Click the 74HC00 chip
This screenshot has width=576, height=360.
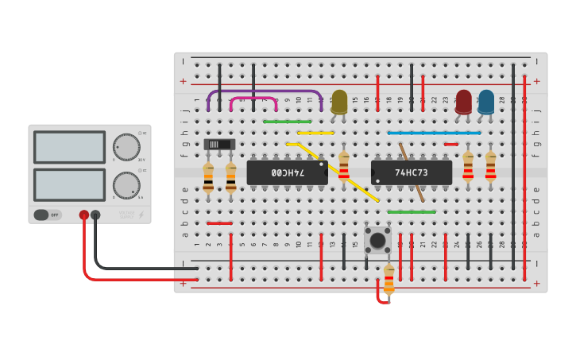coord(287,172)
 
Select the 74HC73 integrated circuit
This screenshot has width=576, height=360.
coord(412,172)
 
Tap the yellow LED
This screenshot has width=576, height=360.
coord(339,102)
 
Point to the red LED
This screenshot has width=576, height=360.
coord(463,102)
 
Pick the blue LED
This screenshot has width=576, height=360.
coord(485,102)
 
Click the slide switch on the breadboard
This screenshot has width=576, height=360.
coord(219,144)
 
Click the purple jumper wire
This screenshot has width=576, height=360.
coord(265,91)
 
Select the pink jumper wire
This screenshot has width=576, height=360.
coord(253,99)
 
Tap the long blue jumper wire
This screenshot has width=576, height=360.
coord(434,133)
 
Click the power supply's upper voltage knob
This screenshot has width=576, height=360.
coord(126,147)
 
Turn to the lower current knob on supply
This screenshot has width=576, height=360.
coord(126,185)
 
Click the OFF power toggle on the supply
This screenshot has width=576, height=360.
coord(47,215)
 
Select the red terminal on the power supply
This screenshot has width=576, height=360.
coord(83,215)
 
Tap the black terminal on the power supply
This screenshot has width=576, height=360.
coord(95,215)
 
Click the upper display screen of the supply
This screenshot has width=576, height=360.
coord(69,147)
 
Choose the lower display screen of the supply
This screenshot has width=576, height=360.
coord(69,184)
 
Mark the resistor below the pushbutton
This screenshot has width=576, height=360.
coord(389,279)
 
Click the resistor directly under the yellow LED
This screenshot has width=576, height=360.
coord(343,167)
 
